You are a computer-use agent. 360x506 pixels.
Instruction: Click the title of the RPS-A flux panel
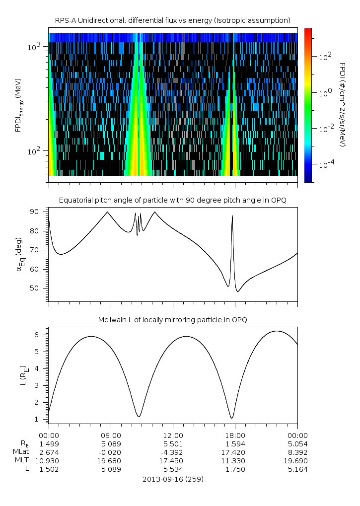pos(173,20)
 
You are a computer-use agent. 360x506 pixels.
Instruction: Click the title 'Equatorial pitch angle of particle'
pos(173,200)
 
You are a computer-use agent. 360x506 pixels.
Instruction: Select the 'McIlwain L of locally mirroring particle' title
pos(173,319)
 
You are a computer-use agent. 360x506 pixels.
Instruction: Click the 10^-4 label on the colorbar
pos(326,163)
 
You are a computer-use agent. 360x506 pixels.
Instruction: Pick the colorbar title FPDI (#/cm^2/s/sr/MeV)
pos(342,105)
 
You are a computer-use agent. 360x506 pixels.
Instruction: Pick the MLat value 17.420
pos(235,452)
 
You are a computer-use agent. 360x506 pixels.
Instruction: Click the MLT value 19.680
pos(111,460)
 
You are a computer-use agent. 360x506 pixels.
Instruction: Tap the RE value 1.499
pos(49,443)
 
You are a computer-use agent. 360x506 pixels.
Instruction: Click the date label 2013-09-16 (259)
pos(173,479)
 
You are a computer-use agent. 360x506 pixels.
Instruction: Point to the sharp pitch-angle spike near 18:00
pos(232,217)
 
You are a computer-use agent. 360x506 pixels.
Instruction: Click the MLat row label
pos(22,452)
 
